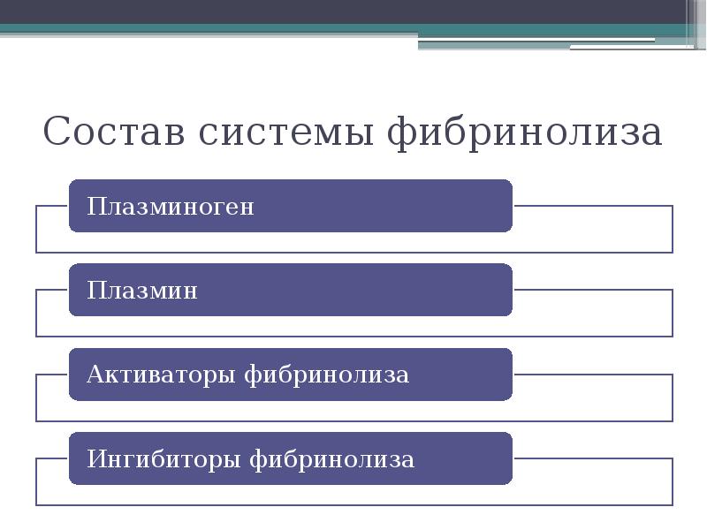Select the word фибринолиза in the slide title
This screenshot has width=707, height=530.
[525, 132]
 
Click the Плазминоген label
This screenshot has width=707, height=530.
[171, 207]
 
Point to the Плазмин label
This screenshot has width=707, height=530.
[142, 291]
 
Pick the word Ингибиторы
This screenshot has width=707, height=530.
[163, 459]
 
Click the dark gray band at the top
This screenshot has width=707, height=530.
[353, 11]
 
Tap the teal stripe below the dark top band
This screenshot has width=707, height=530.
[265, 29]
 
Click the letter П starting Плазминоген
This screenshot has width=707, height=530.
[95, 207]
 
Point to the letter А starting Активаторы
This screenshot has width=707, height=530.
[95, 375]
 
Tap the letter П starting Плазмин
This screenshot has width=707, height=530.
[95, 291]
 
